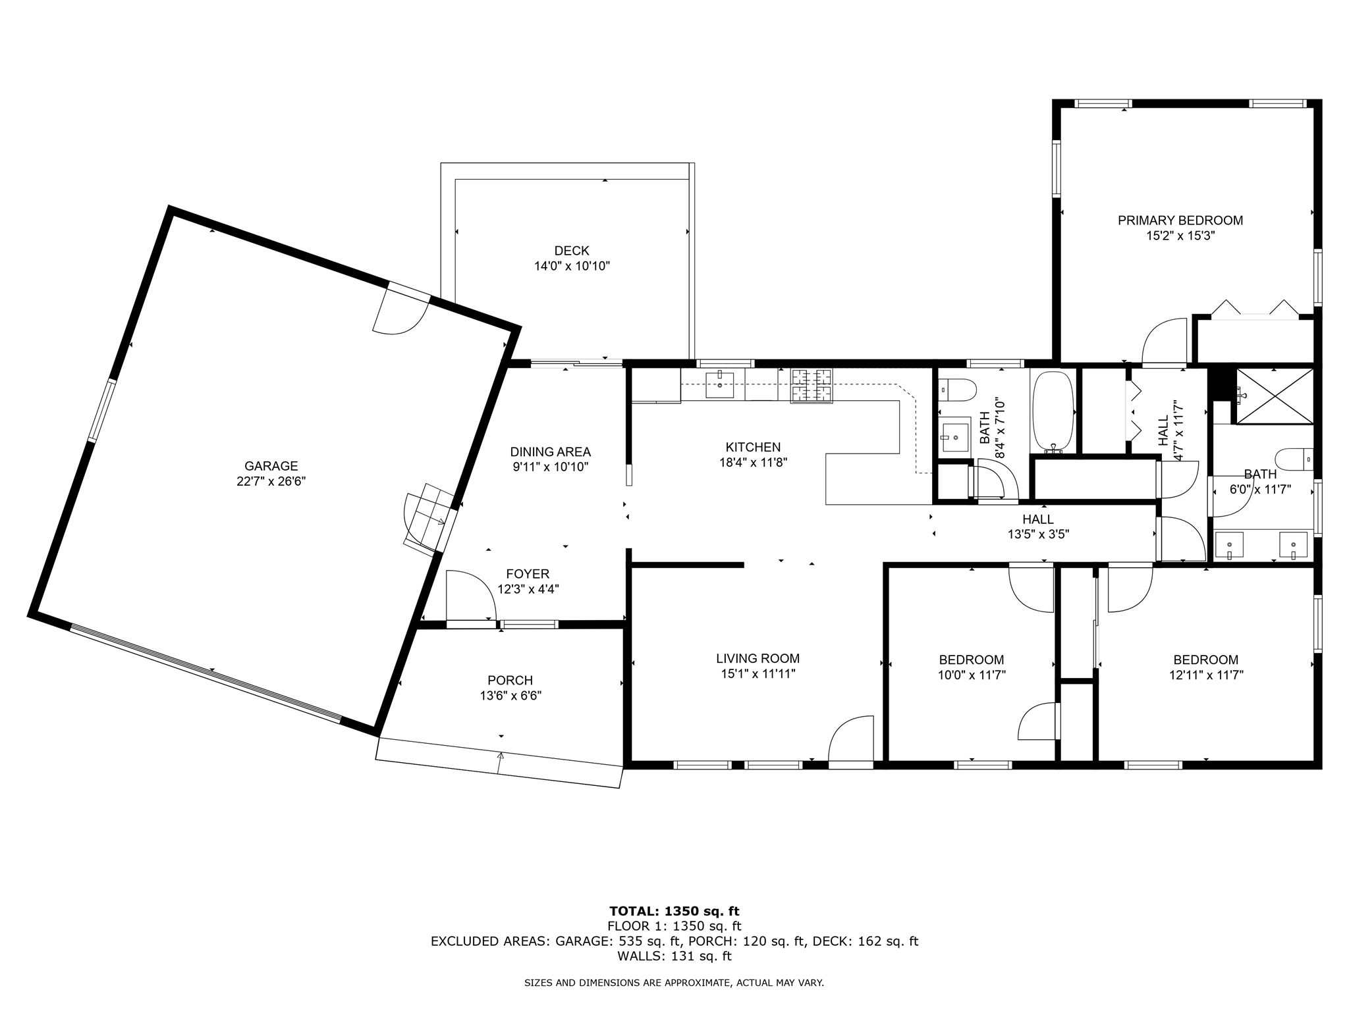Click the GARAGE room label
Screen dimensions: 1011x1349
(x=271, y=466)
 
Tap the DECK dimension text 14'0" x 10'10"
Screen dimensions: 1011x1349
(x=572, y=267)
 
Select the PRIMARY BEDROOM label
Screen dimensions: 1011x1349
(x=1180, y=220)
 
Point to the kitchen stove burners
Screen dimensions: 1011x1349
(x=812, y=385)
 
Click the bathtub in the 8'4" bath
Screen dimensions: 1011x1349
(x=1053, y=412)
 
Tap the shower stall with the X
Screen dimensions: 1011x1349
(x=1275, y=396)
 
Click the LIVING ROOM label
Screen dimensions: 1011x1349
(x=757, y=658)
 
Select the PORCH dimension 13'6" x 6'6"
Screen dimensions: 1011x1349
(x=510, y=696)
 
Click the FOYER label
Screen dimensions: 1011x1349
(x=528, y=574)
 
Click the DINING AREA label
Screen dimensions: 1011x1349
(x=550, y=452)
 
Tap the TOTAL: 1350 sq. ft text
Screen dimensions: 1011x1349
(x=674, y=911)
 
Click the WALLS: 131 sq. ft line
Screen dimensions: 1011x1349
(x=674, y=956)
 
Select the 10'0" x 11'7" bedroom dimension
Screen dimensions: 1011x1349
(x=972, y=675)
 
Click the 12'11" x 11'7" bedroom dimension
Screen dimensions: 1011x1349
(x=1206, y=675)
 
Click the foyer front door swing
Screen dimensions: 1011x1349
(x=469, y=596)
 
